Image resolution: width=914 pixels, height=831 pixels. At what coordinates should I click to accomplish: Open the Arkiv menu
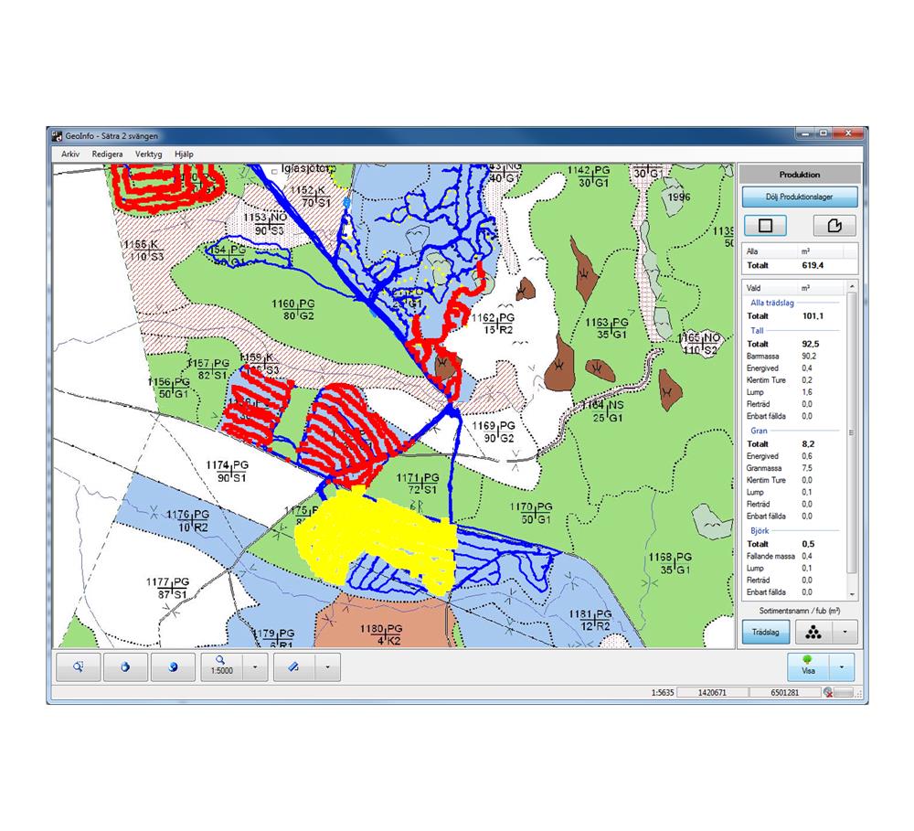(70, 154)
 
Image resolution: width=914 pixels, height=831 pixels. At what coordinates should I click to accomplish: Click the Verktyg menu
(148, 154)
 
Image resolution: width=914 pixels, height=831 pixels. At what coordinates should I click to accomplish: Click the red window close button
(849, 133)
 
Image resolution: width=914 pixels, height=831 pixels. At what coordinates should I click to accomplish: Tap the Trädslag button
(764, 632)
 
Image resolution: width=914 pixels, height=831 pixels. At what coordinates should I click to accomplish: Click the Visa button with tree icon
(808, 666)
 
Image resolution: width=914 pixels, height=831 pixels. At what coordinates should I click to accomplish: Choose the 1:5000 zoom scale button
(220, 666)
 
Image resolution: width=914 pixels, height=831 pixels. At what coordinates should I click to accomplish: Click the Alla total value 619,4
(813, 265)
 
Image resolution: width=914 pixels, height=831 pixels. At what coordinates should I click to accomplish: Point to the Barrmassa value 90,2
(810, 356)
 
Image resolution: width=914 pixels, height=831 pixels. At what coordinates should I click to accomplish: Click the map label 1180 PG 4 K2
(382, 634)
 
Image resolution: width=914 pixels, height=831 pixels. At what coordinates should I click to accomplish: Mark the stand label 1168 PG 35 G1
(669, 563)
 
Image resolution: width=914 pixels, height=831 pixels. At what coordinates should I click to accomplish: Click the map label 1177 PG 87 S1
(168, 587)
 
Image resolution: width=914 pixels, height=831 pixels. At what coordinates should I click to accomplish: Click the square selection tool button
(767, 226)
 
